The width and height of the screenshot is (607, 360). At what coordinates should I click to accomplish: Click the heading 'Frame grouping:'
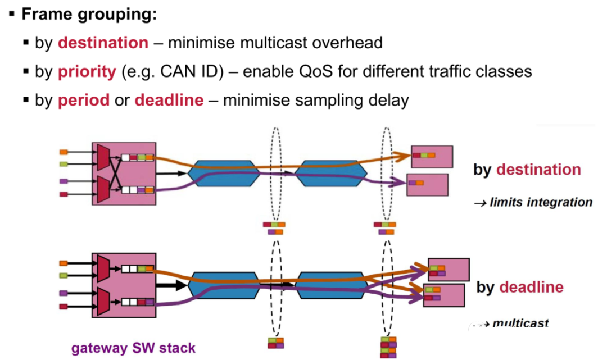tap(89, 14)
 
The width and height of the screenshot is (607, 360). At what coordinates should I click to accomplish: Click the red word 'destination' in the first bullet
tap(103, 43)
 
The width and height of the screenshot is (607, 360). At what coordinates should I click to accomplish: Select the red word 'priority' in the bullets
tap(87, 72)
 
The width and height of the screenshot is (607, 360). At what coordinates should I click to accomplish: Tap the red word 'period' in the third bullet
tap(83, 101)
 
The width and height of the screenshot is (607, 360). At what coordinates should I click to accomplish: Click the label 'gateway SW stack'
tap(133, 348)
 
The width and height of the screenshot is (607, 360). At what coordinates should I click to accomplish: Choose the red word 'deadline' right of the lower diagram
tap(531, 287)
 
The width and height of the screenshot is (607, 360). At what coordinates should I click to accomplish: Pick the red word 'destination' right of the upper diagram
tap(538, 170)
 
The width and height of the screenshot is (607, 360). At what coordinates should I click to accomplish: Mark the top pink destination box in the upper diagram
tap(432, 156)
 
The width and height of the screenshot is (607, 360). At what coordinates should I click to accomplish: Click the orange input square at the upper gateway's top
tap(64, 152)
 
